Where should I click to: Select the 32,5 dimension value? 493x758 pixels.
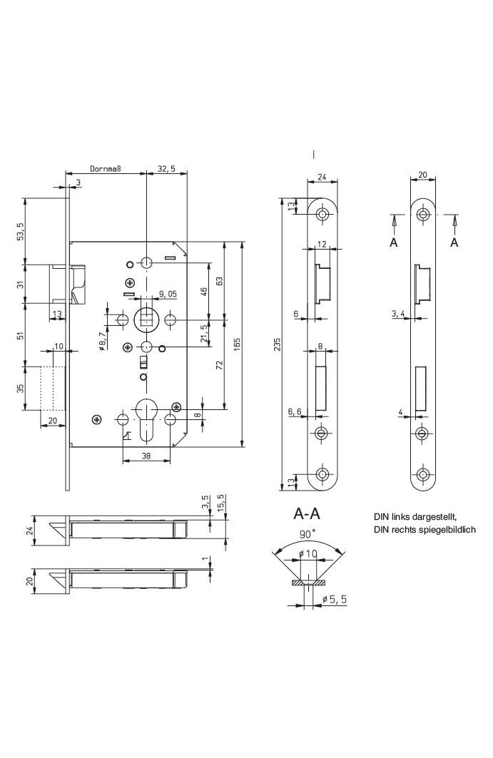point(166,169)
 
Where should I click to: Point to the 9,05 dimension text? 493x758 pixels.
point(168,293)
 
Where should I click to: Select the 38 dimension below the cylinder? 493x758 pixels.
point(146,456)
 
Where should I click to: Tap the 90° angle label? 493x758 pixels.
point(308,533)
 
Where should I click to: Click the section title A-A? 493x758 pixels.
point(306,513)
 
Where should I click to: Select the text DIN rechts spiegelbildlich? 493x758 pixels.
point(424,530)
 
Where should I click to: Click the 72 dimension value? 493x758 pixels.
point(220,366)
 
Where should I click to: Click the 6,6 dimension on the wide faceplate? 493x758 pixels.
point(295,411)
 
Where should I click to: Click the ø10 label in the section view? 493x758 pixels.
point(308,553)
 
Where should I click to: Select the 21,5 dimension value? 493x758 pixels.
point(205,333)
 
